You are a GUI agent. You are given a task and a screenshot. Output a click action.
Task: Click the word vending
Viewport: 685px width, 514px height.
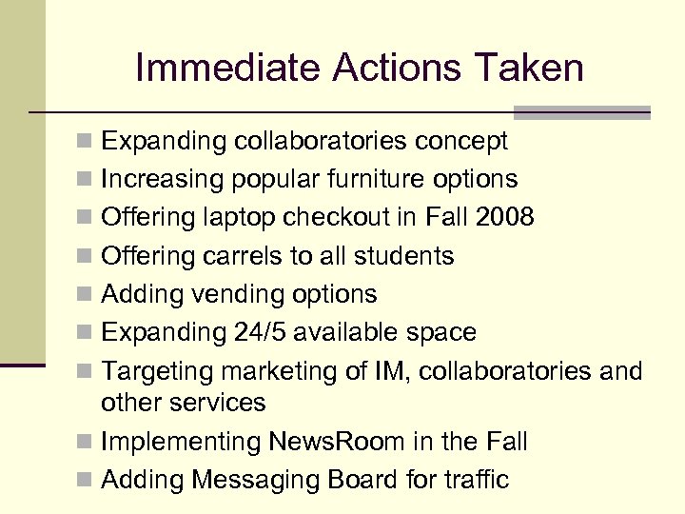[237, 294]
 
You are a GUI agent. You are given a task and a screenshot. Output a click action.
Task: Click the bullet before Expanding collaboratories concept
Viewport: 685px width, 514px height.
[86, 143]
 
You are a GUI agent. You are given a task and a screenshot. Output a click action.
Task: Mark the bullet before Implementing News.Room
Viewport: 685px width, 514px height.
[86, 443]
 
